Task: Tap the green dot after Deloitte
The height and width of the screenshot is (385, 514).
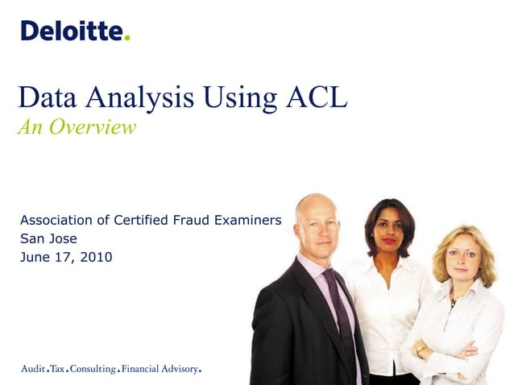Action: pyautogui.click(x=127, y=38)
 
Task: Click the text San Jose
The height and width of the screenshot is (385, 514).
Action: pyautogui.click(x=49, y=238)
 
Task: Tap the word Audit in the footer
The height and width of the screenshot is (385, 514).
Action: pyautogui.click(x=33, y=369)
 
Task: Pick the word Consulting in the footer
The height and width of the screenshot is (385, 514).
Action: pyautogui.click(x=92, y=369)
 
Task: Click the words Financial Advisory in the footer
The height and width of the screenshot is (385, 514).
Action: pyautogui.click(x=160, y=369)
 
